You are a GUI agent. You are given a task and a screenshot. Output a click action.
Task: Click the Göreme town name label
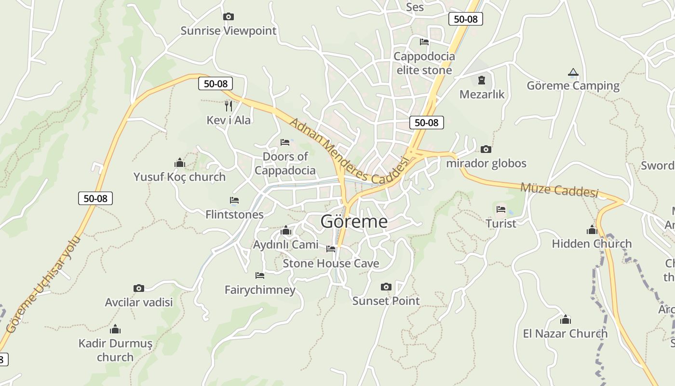pyautogui.click(x=354, y=221)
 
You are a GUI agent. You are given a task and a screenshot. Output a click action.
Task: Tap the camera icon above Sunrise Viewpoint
pyautogui.click(x=229, y=17)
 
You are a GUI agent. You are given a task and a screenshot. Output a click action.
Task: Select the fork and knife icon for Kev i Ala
pyautogui.click(x=229, y=105)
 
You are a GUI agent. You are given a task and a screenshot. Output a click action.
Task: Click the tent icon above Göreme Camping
pyautogui.click(x=573, y=72)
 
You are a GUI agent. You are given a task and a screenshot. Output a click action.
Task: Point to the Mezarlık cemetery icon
pyautogui.click(x=481, y=80)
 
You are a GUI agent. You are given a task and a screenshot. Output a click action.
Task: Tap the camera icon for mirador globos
pyautogui.click(x=486, y=149)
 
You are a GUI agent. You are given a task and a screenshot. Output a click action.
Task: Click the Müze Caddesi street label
pyautogui.click(x=559, y=190)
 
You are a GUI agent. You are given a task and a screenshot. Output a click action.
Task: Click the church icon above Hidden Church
pyautogui.click(x=592, y=230)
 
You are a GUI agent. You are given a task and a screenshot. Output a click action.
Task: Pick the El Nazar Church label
pyautogui.click(x=565, y=333)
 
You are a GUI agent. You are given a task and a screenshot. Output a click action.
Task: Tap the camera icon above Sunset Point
pyautogui.click(x=386, y=287)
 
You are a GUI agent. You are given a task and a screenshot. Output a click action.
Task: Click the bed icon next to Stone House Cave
pyautogui.click(x=331, y=249)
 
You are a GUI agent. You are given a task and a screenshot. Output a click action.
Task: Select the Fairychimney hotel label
pyautogui.click(x=260, y=289)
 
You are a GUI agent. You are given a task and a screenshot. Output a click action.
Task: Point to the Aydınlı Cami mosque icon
pyautogui.click(x=286, y=231)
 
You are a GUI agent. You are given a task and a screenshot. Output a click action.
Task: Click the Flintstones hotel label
pyautogui.click(x=234, y=214)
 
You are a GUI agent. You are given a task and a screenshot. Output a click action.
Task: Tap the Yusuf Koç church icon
pyautogui.click(x=180, y=163)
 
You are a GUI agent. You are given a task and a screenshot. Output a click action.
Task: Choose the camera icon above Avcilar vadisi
pyautogui.click(x=139, y=289)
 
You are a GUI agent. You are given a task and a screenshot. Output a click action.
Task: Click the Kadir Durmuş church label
pyautogui.click(x=115, y=350)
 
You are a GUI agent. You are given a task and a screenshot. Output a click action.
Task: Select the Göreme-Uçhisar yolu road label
pyautogui.click(x=43, y=285)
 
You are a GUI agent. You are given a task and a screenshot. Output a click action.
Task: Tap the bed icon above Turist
pyautogui.click(x=501, y=209)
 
